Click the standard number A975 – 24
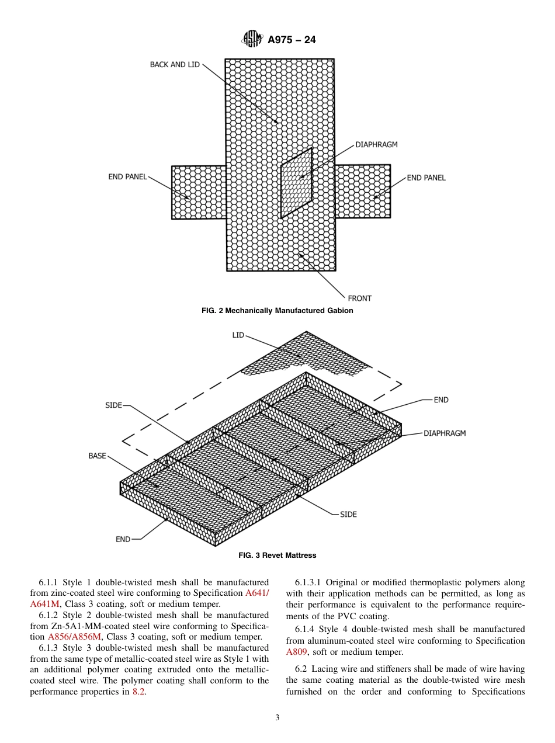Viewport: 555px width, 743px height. [x=292, y=40]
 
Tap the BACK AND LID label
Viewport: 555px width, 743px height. [x=175, y=65]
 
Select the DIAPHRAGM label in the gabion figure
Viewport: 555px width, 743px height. [x=376, y=144]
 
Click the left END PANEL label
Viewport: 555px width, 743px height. [x=127, y=177]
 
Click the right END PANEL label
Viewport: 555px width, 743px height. [x=426, y=178]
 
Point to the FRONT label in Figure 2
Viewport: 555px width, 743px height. [x=359, y=298]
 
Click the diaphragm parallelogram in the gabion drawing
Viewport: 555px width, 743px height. [x=296, y=182]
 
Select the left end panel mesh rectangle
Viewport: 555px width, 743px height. [x=199, y=192]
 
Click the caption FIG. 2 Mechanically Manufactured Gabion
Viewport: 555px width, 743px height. [x=277, y=311]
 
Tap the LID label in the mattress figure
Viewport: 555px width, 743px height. [x=238, y=335]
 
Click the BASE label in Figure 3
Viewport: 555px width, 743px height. [x=97, y=456]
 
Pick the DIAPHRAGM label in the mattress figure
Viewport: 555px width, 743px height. [x=445, y=433]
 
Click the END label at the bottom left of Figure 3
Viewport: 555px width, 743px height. [x=123, y=539]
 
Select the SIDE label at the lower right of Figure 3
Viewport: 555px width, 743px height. [x=348, y=515]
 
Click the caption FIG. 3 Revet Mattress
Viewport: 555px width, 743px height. [x=277, y=555]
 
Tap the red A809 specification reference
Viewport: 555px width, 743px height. [x=296, y=652]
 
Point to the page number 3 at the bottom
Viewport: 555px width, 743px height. [x=277, y=718]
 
